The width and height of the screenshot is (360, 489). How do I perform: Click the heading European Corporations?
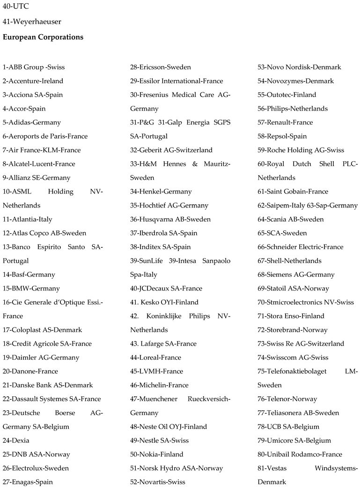coord(43,37)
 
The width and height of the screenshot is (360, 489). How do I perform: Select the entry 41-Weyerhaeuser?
coord(32,22)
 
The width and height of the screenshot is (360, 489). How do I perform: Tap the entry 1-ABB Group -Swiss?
coord(34,67)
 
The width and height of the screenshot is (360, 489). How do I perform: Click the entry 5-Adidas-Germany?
coord(32,122)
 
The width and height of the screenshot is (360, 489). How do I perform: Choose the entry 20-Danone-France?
coord(30,371)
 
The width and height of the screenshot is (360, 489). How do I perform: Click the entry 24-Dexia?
coord(16,441)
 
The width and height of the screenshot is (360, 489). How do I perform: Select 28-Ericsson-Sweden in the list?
coord(160,67)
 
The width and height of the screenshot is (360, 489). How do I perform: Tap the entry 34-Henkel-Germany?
coord(161,192)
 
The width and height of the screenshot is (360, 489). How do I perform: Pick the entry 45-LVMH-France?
coord(156,371)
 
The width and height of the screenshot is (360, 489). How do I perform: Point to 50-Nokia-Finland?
coord(156,454)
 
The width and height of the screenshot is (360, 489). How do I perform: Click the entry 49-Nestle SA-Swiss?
coord(159,441)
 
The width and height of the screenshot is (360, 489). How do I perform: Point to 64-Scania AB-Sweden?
coord(290,219)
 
